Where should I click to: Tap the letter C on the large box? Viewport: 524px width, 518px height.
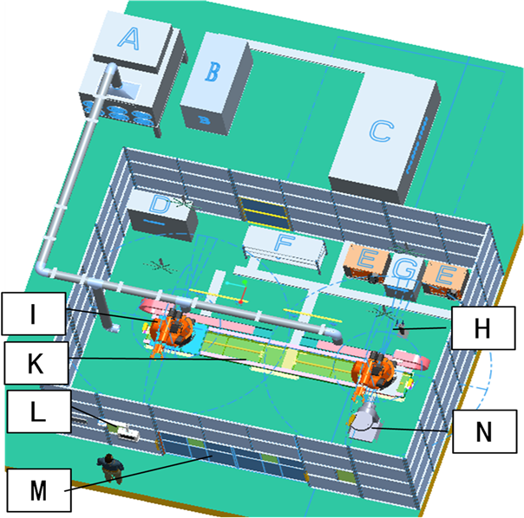coord(379,131)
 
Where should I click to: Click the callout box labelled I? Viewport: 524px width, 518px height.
coord(33,314)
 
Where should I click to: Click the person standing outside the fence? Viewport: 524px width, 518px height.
coord(110,468)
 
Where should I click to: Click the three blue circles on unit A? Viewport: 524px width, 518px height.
coord(119,113)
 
